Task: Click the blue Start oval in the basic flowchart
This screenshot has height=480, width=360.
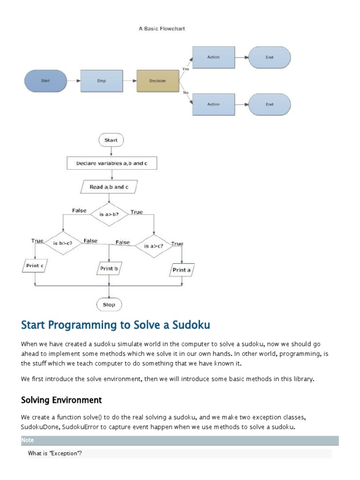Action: coord(45,81)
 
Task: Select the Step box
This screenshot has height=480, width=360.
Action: coord(102,81)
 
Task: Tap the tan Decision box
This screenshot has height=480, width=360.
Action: coord(157,81)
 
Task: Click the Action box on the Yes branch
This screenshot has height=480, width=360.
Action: coord(214,57)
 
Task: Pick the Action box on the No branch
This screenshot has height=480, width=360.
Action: coord(214,104)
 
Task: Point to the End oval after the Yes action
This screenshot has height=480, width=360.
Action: coord(270,57)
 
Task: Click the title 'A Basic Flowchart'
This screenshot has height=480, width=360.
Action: coord(162,29)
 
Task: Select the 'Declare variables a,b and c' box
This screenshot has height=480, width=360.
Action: coord(111,164)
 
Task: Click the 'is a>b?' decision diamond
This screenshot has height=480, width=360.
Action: coord(109,215)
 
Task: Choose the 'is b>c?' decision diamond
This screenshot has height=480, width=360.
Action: coord(63,243)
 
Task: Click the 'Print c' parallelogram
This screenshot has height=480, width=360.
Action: coord(35,266)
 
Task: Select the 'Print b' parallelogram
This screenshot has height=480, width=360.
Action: coord(109,269)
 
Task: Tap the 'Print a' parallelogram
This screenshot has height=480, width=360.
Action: coord(182,270)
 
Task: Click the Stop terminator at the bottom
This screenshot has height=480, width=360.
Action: coord(109,305)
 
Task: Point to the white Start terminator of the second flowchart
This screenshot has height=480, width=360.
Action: coord(111,140)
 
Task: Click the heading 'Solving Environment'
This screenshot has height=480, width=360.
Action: coord(61,400)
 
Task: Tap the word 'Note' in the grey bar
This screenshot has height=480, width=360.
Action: coord(28,440)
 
